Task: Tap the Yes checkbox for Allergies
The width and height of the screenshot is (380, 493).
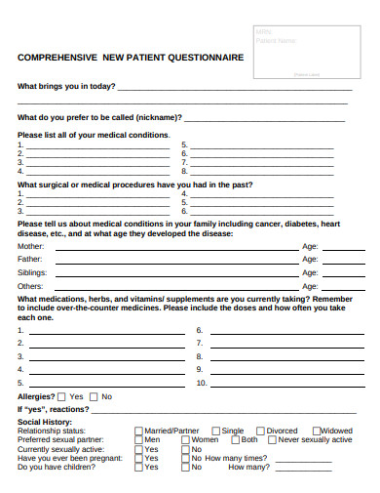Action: point(62,397)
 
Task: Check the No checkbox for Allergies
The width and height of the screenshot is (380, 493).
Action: point(94,397)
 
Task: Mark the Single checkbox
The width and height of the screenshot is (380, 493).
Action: point(216,431)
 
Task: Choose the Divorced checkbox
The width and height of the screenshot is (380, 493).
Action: point(260,431)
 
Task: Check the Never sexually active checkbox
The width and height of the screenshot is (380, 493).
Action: point(273,440)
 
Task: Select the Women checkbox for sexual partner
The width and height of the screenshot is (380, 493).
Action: point(185,440)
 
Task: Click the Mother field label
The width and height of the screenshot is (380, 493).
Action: point(30,247)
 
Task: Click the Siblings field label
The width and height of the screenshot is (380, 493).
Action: point(31,272)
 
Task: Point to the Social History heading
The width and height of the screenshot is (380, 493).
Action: point(44,422)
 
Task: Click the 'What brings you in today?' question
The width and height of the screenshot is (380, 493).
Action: point(67,87)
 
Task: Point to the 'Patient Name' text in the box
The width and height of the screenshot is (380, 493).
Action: point(276,41)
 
